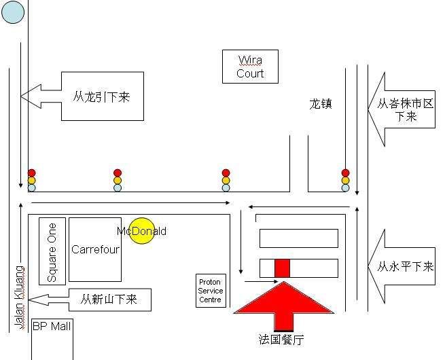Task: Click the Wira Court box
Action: [x=250, y=67]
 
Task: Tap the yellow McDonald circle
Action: [x=142, y=231]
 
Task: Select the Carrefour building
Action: [x=95, y=249]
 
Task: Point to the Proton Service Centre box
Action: [x=210, y=291]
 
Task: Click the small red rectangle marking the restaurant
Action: [x=282, y=268]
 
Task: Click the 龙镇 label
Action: [x=321, y=105]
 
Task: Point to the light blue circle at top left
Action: [x=13, y=12]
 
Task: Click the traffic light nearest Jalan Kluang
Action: [x=31, y=181]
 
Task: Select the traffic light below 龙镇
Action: [x=345, y=181]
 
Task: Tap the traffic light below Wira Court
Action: [x=226, y=181]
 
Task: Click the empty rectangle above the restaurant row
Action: [x=299, y=238]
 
